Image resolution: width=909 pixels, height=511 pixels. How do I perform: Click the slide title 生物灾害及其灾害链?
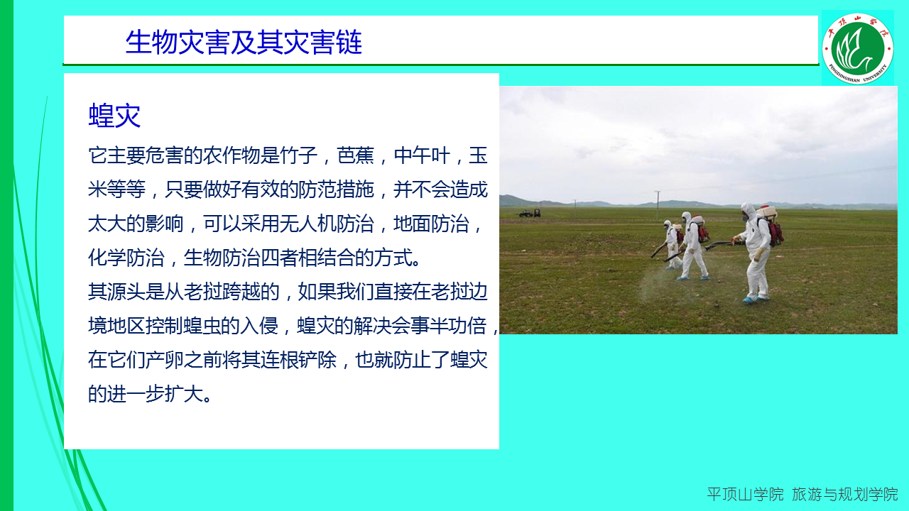tap(244, 42)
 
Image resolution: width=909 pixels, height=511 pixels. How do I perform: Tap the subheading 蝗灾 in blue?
tap(114, 116)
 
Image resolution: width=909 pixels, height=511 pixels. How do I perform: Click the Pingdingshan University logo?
tap(857, 48)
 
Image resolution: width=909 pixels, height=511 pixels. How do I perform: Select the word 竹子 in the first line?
tap(298, 155)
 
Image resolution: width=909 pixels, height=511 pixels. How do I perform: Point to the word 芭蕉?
tap(356, 155)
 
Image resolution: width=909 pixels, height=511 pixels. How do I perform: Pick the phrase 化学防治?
tap(126, 258)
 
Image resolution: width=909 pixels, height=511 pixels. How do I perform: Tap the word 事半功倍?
tap(449, 326)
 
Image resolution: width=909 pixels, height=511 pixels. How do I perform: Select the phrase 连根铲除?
tap(298, 360)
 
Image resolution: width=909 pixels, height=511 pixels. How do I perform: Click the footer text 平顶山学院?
tap(745, 495)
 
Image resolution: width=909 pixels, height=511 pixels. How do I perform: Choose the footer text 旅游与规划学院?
tap(845, 495)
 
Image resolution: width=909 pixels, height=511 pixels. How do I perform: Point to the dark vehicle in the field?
tap(530, 213)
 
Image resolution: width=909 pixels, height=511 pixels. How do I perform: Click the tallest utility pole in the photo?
tap(658, 205)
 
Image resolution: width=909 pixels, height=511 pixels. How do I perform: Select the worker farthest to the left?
tap(673, 245)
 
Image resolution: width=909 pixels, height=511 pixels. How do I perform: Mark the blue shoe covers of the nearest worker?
tap(754, 300)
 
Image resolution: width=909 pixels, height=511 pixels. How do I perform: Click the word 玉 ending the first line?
tap(478, 155)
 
